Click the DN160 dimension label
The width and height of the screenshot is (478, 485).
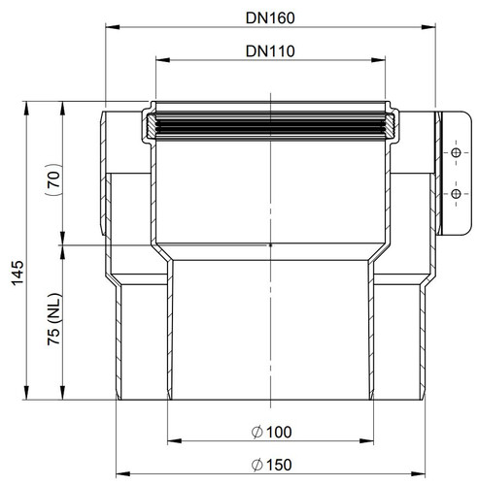270,18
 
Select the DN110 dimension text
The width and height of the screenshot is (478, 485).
270,51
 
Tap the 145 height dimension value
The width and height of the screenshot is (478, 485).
17,273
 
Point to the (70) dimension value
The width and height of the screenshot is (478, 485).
54,179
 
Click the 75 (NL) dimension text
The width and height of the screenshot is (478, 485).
54,319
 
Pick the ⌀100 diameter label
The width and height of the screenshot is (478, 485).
271,432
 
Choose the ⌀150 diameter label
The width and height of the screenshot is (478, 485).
271,465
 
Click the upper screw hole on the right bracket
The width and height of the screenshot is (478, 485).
456,152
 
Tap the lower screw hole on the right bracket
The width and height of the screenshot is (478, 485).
456,194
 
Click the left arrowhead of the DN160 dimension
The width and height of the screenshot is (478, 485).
113,27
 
